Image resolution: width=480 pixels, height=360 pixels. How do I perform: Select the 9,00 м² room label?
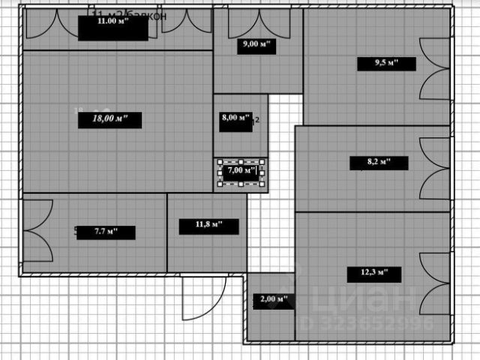tap(255, 44)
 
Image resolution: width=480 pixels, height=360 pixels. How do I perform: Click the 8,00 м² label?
tap(235, 118)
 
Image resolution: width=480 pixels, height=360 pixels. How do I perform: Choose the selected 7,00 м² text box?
tap(241, 171)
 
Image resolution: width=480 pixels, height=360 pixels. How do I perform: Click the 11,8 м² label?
tap(209, 226)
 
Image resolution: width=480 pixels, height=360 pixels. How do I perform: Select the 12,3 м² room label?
tap(370, 272)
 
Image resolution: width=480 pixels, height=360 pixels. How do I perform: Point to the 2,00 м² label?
tap(272, 299)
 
